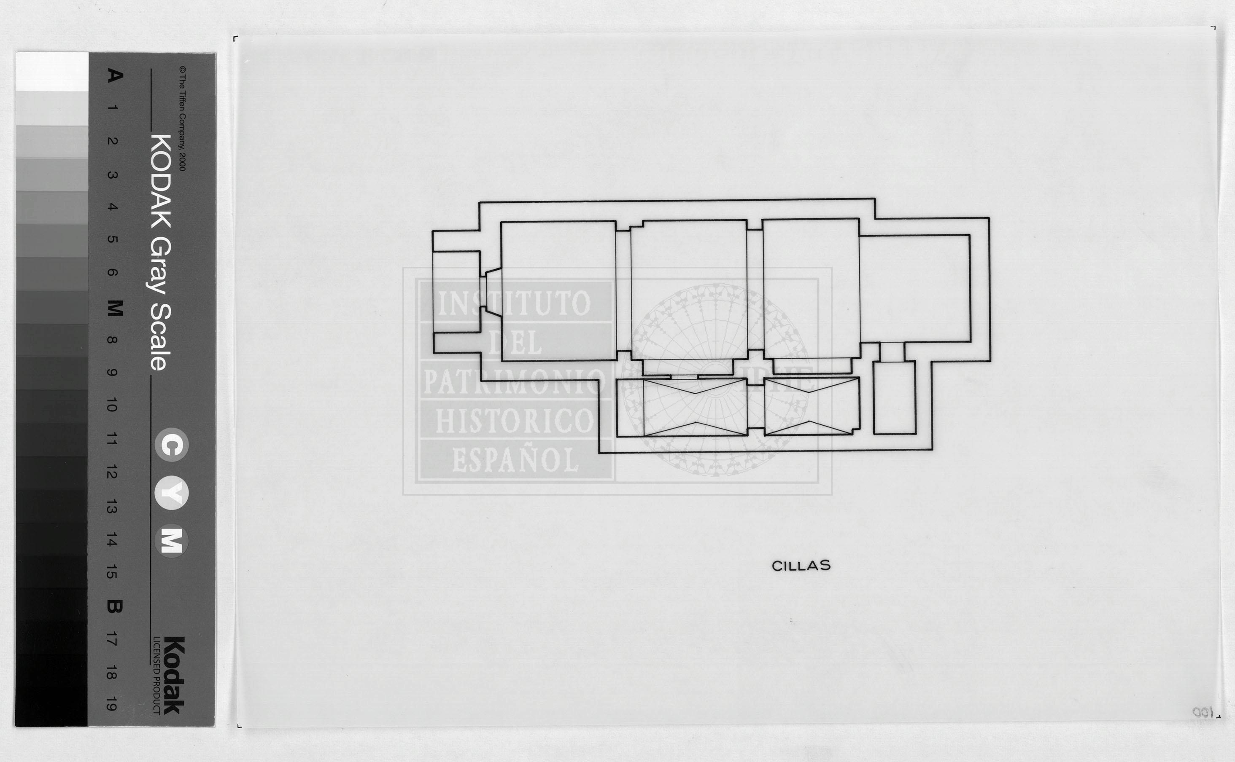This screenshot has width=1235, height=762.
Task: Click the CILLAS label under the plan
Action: click(x=801, y=566)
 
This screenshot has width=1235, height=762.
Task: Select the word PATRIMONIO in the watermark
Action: click(x=514, y=381)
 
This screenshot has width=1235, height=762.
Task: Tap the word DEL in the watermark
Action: click(x=515, y=342)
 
